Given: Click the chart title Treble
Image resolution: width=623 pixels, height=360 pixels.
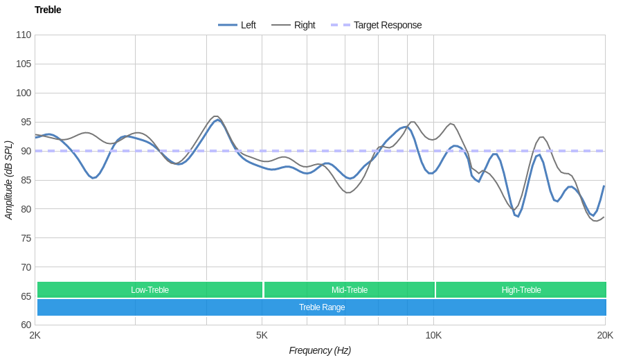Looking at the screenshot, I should [48, 10].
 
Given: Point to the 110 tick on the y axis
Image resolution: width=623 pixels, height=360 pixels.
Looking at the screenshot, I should [24, 35].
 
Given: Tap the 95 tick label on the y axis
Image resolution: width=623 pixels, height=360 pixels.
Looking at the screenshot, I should [24, 122].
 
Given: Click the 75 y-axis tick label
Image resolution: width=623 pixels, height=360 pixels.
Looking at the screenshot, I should [24, 238].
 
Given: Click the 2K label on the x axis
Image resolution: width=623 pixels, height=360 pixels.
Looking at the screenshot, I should [35, 335].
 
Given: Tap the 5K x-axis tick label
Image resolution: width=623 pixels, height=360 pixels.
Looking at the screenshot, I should [262, 335].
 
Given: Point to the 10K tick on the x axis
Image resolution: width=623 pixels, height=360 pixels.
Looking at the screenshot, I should [433, 335].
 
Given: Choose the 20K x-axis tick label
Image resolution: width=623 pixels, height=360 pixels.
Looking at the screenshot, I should [605, 335].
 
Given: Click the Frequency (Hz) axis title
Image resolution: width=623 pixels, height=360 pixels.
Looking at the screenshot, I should [320, 350].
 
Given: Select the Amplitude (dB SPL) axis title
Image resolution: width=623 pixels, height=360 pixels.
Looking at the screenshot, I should [9, 180].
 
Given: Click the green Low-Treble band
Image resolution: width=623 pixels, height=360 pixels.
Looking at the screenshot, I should [150, 290].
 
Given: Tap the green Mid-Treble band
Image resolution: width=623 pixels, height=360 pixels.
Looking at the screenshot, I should [350, 290].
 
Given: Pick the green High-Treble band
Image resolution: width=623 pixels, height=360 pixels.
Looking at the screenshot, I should [521, 290].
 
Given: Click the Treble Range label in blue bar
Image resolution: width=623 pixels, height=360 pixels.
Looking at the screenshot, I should [322, 307].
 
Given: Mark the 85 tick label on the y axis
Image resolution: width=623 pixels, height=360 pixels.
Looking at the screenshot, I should [24, 180].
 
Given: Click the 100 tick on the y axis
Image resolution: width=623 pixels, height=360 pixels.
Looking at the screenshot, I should [24, 93].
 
